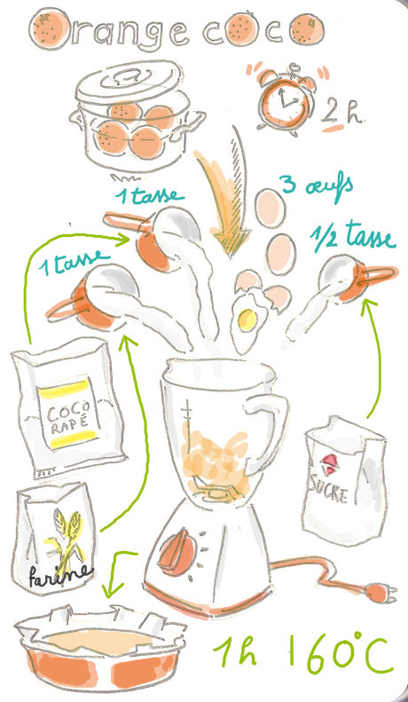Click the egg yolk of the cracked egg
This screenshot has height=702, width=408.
[247, 319]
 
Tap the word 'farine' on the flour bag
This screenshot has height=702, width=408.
[60, 575]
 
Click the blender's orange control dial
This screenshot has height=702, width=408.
[177, 553]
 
